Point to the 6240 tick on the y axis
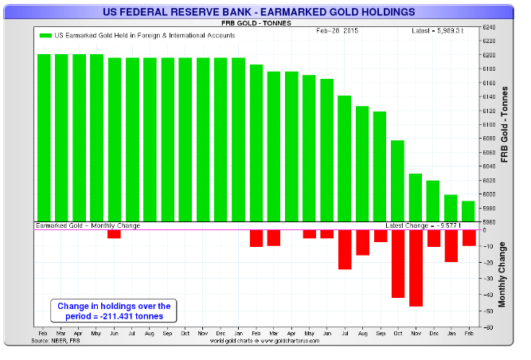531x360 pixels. (x=490, y=27)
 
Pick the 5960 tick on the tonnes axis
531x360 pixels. (x=490, y=222)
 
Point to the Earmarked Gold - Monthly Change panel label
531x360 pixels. (x=88, y=226)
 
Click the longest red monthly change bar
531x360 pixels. (x=416, y=268)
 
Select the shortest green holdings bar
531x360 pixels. (x=467, y=212)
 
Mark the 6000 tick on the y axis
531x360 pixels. (x=490, y=194)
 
